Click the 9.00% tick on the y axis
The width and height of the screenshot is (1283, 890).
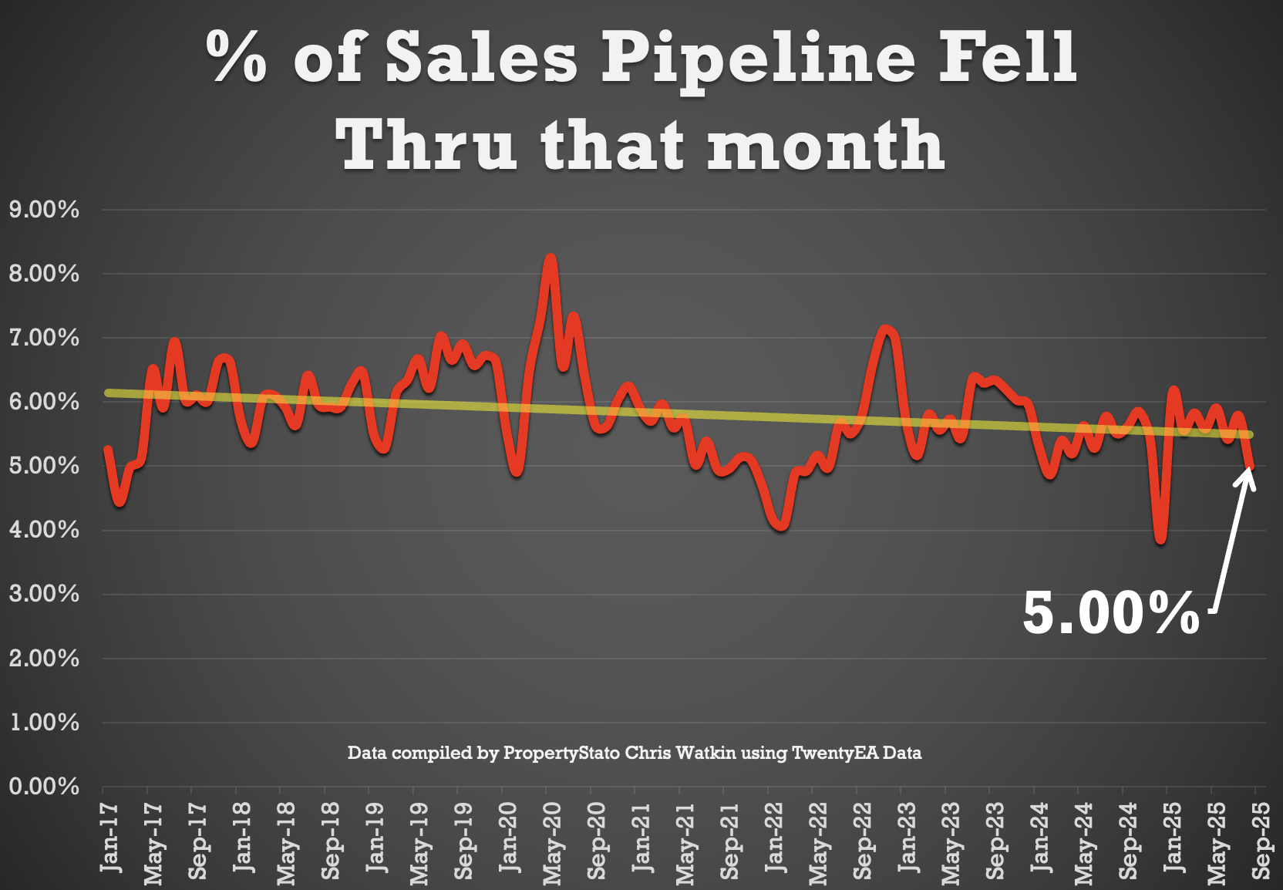click(44, 210)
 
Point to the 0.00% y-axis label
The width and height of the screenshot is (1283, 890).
click(44, 787)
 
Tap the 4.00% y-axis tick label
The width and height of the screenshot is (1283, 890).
click(44, 530)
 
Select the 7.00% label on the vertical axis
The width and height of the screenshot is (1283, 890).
click(44, 338)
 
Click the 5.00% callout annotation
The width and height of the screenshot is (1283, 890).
click(1110, 614)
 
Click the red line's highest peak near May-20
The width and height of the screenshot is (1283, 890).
click(550, 258)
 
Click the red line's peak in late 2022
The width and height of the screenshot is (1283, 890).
click(886, 329)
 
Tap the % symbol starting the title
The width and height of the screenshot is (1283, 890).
click(237, 58)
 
